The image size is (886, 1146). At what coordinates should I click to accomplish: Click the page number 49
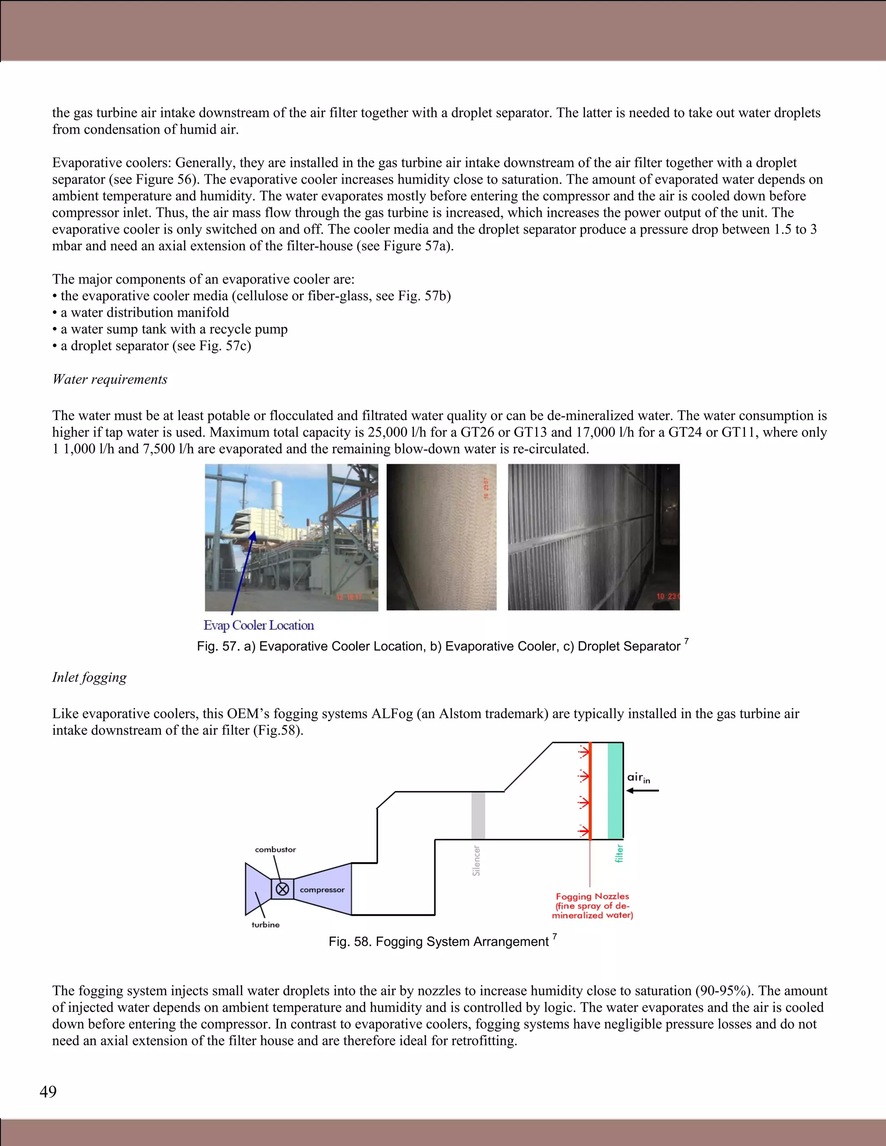click(48, 1092)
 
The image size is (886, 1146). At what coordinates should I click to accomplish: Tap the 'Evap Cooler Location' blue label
click(259, 625)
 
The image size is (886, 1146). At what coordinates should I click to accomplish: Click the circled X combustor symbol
click(282, 889)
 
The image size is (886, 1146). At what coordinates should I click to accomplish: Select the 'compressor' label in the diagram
click(322, 890)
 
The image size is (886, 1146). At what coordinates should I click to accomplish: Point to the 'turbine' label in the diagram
click(266, 925)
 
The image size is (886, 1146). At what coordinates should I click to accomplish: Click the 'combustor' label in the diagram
click(275, 849)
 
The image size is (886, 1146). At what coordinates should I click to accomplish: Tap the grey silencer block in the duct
click(478, 816)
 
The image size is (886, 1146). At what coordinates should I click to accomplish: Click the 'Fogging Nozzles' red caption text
click(592, 896)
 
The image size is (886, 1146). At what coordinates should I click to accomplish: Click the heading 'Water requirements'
click(110, 379)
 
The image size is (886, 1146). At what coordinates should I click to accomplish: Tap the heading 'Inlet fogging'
click(89, 677)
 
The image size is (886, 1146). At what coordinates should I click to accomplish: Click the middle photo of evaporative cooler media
click(441, 537)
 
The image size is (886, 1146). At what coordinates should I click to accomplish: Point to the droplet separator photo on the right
click(593, 537)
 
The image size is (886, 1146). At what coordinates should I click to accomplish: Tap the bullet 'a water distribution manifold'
click(144, 312)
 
